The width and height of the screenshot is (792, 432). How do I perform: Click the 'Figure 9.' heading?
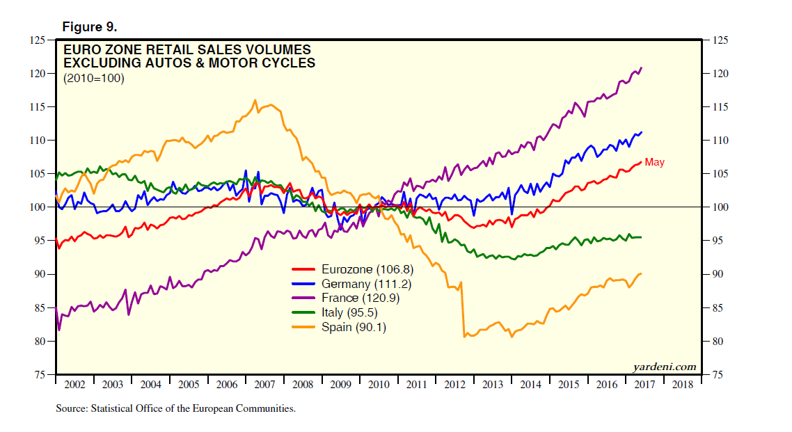click(90, 27)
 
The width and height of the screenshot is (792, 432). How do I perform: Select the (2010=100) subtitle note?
click(94, 79)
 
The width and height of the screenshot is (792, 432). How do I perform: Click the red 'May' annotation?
click(654, 163)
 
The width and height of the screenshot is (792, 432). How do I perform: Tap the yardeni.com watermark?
click(665, 367)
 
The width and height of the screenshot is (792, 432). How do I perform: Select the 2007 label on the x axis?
click(264, 385)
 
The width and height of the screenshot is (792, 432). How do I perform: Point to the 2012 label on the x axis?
click(454, 385)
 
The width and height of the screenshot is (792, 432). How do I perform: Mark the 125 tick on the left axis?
click(36, 40)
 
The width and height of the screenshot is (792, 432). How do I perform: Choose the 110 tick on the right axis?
click(720, 141)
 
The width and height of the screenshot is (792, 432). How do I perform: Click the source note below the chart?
click(175, 409)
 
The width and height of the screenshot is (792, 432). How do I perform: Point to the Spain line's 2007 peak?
click(255, 100)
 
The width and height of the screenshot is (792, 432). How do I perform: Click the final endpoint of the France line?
click(641, 67)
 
